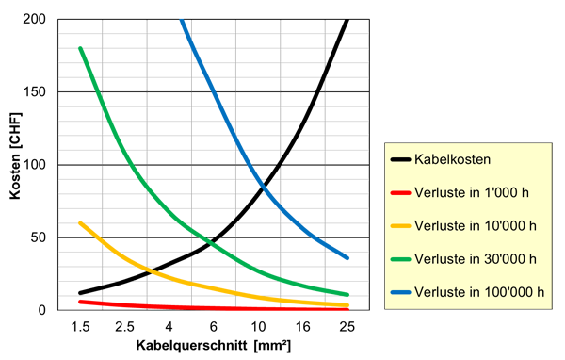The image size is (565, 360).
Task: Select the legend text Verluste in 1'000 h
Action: pyautogui.click(x=475, y=193)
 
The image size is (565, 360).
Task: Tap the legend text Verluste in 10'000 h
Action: pyautogui.click(x=477, y=225)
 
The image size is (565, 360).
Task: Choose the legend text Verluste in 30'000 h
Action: pyautogui.click(x=477, y=258)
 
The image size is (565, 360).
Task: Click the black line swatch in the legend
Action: pyautogui.click(x=400, y=160)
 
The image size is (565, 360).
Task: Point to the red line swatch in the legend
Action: pyautogui.click(x=400, y=193)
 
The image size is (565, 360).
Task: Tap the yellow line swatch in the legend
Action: pyautogui.click(x=400, y=225)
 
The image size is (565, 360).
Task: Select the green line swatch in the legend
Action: pyautogui.click(x=400, y=258)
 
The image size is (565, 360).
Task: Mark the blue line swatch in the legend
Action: pyautogui.click(x=400, y=290)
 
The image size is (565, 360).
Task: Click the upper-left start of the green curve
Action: pyautogui.click(x=80, y=42)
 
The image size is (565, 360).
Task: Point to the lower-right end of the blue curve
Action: pyautogui.click(x=351, y=257)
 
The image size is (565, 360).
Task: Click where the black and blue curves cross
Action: pyautogui.click(x=264, y=180)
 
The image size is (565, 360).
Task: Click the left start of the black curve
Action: pyautogui.click(x=79, y=290)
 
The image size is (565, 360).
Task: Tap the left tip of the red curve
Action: pyautogui.click(x=77, y=302)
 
